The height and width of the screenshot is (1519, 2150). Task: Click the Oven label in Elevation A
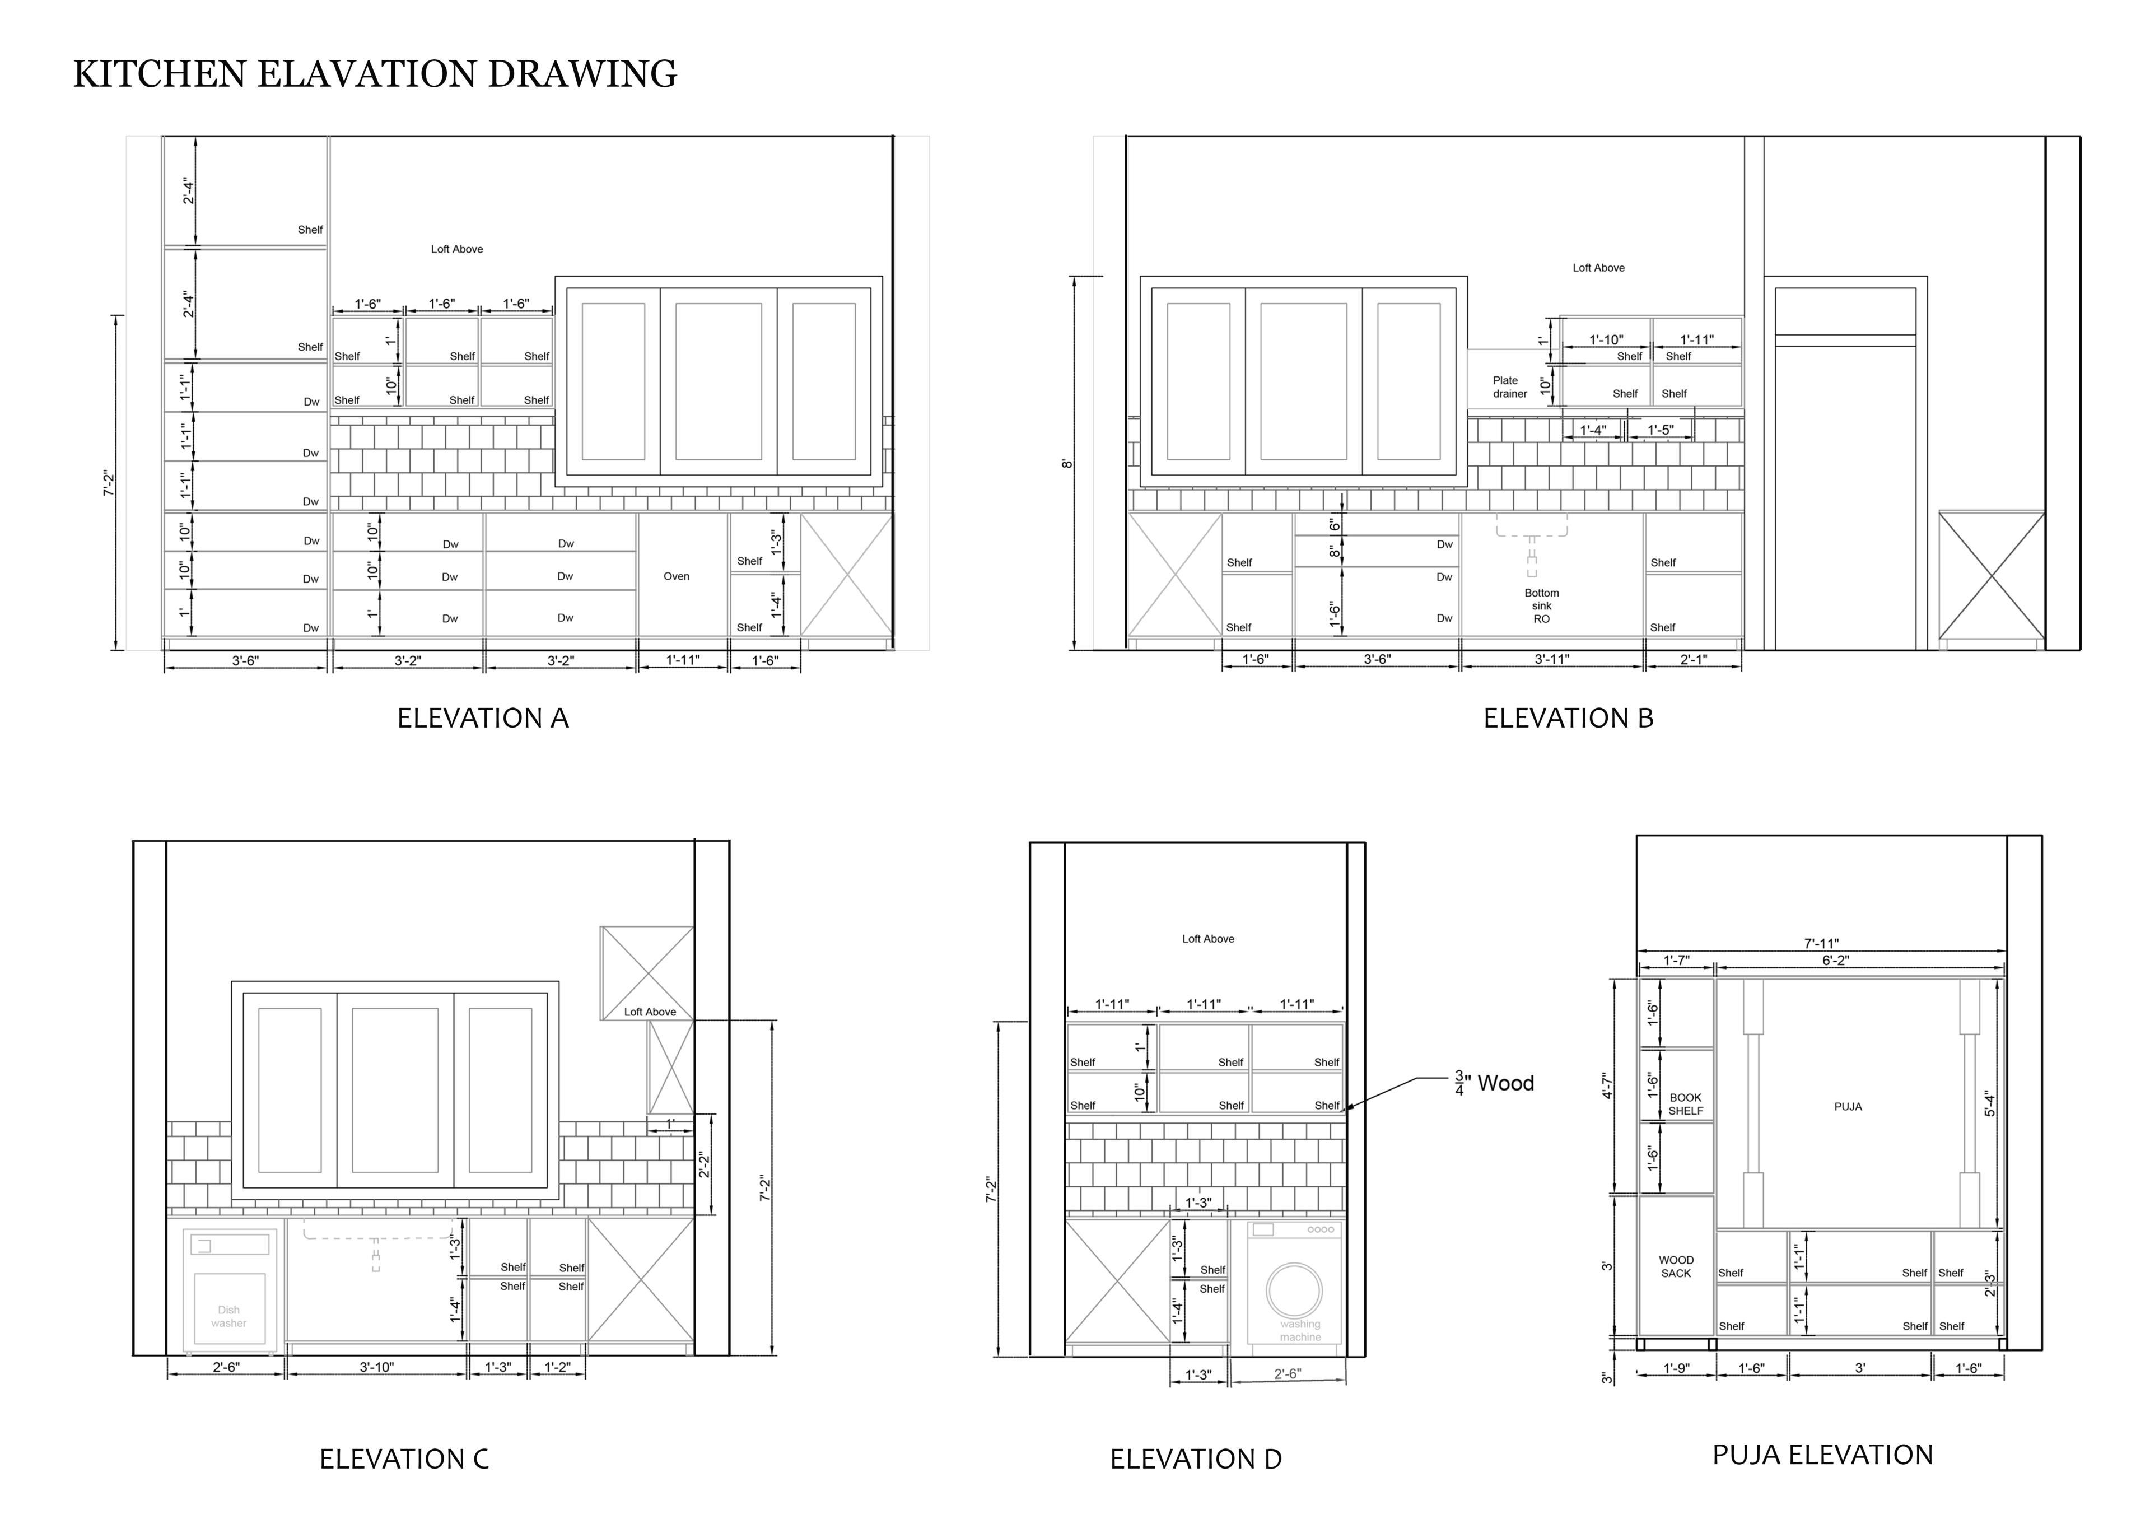tap(676, 577)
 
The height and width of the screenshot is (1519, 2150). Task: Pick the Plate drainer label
tap(1509, 387)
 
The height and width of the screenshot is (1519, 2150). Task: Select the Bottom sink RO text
tap(1541, 606)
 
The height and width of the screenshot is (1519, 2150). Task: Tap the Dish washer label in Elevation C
tap(228, 1317)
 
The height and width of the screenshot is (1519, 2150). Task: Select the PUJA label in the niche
tap(1848, 1107)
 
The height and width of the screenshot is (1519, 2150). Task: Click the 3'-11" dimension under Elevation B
tap(1552, 659)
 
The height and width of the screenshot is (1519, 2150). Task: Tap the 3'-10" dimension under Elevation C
tap(376, 1367)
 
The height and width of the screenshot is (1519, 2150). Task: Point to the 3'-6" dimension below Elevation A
tap(245, 661)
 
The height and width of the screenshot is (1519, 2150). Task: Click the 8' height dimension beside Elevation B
tap(1066, 464)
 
